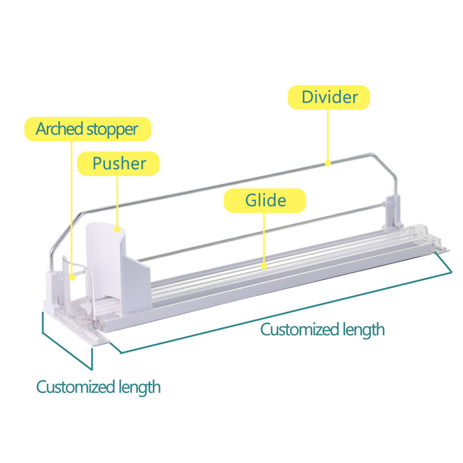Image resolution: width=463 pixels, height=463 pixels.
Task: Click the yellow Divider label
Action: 329,97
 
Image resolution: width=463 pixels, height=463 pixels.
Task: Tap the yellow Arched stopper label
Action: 87,129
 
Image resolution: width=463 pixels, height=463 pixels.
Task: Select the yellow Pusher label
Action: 119,163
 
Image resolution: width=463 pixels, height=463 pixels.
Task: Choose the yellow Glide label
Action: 265,200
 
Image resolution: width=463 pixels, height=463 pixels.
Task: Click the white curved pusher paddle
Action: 102,256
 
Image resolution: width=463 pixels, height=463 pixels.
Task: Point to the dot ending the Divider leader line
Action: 327,163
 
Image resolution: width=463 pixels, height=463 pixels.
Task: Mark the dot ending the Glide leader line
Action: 263,265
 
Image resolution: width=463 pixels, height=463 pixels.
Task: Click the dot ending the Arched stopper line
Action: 72,277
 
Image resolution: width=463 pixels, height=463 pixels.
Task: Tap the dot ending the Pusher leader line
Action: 117,230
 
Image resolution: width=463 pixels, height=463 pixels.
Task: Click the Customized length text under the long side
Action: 322,330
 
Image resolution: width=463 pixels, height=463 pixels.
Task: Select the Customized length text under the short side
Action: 98,387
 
